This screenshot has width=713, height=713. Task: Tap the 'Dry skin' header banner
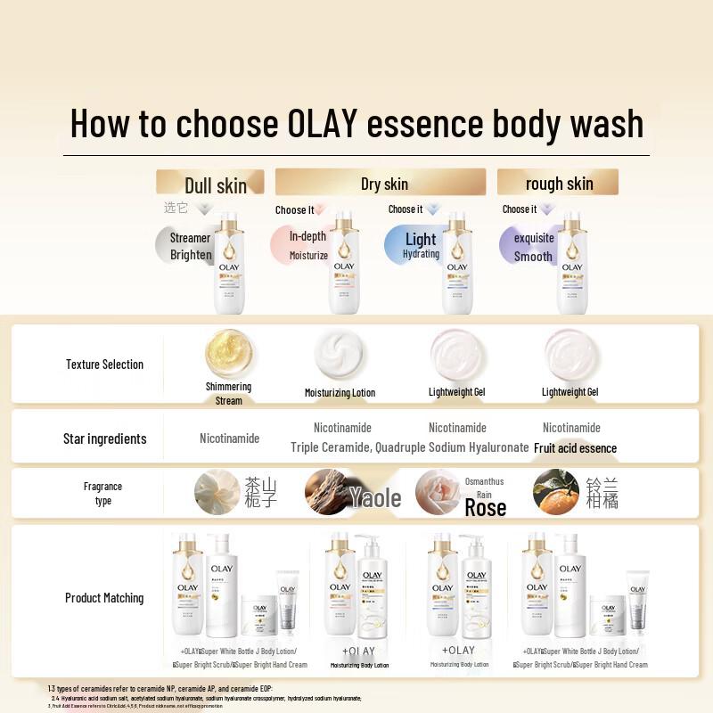click(381, 183)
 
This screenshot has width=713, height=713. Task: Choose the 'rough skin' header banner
click(558, 183)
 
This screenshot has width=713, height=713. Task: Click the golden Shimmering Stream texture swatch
click(228, 354)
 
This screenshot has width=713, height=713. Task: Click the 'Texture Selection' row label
click(104, 365)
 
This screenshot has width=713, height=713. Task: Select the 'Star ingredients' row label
click(104, 438)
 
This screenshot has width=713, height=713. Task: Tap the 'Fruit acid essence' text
click(575, 448)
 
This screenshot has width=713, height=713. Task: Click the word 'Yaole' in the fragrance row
click(374, 497)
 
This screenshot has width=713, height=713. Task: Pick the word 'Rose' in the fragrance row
click(485, 508)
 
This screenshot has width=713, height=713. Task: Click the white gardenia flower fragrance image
click(217, 492)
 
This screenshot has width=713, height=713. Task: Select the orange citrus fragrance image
click(555, 492)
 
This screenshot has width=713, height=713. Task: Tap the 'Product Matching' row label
click(104, 598)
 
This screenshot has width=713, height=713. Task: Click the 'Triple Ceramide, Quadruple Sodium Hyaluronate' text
click(409, 447)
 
